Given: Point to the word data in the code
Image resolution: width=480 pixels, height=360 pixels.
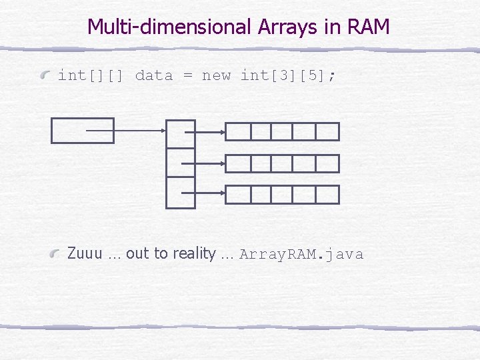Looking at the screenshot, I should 154,75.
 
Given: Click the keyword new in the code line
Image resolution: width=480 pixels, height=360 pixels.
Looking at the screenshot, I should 216,75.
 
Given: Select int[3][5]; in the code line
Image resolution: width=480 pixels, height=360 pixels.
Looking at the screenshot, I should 289,75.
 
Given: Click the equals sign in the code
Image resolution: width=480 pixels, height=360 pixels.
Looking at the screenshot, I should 188,75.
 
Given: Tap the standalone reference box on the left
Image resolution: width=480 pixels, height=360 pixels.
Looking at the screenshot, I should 83,131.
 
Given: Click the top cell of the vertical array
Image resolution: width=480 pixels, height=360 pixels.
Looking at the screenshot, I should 180,134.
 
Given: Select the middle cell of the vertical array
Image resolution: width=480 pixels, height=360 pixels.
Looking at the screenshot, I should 180,163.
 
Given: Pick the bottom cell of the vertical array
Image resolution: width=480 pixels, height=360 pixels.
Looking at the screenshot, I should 180,193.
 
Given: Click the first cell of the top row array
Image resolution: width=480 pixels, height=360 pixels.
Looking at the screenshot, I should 238,132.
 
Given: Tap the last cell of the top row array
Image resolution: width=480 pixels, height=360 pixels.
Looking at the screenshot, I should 327,132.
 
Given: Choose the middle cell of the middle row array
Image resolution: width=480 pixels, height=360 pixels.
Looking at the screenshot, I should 283,163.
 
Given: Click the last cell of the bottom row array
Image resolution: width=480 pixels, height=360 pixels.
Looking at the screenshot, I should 327,195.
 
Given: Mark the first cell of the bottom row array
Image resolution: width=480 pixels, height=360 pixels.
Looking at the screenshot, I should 238,195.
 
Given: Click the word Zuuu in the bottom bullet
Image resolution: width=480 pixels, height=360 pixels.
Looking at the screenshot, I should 85,254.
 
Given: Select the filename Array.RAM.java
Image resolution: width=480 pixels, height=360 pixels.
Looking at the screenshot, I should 301,254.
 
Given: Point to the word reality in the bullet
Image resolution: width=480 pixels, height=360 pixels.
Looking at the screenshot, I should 194,254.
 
